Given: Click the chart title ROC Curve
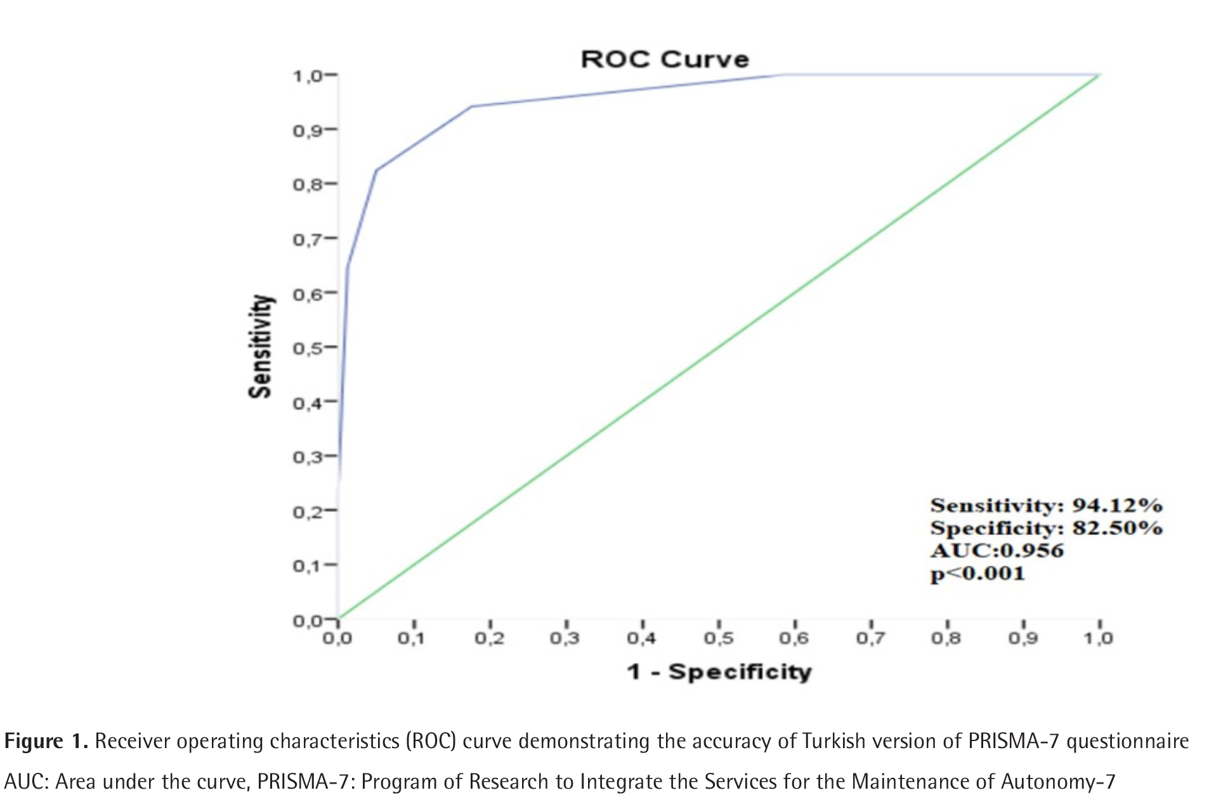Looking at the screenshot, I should (x=665, y=59).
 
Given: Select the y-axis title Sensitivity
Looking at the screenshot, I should (x=261, y=346).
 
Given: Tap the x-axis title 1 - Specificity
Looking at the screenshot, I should (x=719, y=671).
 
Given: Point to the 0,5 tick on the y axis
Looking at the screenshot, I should (x=307, y=348).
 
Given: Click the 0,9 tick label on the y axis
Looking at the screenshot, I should (x=307, y=131).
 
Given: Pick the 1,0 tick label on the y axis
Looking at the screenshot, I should (x=307, y=76).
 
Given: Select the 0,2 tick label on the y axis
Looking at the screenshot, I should (x=307, y=511).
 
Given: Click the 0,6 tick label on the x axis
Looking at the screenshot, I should (x=794, y=638).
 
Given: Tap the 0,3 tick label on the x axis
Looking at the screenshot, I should (x=565, y=638).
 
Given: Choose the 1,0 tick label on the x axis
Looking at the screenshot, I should (x=1098, y=638).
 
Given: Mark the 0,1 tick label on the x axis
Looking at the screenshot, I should (x=412, y=638).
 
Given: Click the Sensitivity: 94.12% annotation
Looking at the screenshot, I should (x=1046, y=506).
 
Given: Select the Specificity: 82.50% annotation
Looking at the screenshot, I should (x=1046, y=528).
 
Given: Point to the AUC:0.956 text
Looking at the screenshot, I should (x=997, y=550).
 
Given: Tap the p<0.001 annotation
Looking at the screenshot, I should (x=977, y=574).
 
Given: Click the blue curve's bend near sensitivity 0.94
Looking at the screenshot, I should (x=471, y=107).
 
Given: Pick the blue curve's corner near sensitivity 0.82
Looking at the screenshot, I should (x=377, y=170).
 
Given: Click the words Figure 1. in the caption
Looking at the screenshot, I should (x=46, y=741).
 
